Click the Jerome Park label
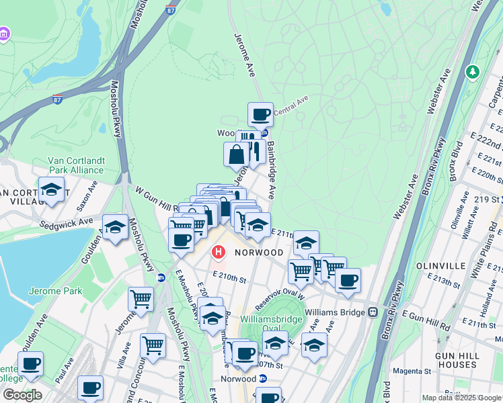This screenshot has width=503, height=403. pos(55,291)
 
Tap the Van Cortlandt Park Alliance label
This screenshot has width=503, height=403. pos(75,165)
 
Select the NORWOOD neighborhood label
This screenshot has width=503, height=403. pos(259,253)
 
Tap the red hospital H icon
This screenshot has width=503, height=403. pos(219,253)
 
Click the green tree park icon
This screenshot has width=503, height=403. pos(473,71)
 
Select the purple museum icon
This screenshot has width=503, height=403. pos(4,34)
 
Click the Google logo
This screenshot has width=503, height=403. pos(22,395)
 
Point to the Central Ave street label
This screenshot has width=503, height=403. pos(291,105)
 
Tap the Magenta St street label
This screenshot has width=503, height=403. pos(412,371)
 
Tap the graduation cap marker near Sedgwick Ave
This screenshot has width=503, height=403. pos(115,227)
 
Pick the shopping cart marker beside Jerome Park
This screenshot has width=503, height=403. pos(141,298)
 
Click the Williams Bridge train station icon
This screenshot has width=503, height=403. pos(372,312)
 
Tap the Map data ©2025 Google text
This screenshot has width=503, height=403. pos(461,398)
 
